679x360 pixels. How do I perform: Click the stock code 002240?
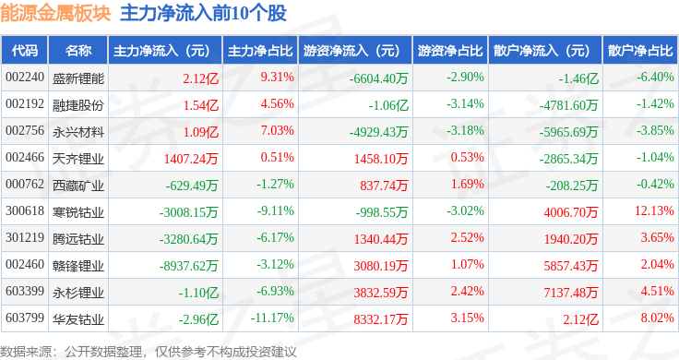tap(25, 78)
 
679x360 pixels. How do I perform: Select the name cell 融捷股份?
tap(78, 105)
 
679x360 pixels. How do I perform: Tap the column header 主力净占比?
tap(260, 51)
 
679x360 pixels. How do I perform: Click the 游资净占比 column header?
tap(450, 51)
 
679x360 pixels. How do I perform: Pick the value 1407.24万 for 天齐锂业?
tap(191, 159)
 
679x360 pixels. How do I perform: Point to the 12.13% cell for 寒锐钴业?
tap(654, 211)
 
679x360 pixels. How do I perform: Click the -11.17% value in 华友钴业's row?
tap(272, 318)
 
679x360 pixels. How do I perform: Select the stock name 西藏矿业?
tap(78, 186)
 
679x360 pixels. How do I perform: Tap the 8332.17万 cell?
tap(381, 319)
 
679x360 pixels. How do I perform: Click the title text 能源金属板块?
tap(56, 14)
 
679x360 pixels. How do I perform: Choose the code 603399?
tap(25, 291)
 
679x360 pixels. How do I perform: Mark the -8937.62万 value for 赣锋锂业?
tap(188, 266)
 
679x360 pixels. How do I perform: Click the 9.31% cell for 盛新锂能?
tap(277, 78)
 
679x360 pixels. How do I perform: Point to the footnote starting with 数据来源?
tap(149, 352)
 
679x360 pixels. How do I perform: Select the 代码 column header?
tap(25, 51)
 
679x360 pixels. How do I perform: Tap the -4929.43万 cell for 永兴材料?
tap(379, 132)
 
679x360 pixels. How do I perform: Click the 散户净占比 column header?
tap(640, 51)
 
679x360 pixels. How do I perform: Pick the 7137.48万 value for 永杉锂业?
tap(571, 293)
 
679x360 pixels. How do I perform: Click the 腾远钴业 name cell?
tap(78, 239)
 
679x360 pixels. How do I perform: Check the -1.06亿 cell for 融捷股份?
tap(388, 105)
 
